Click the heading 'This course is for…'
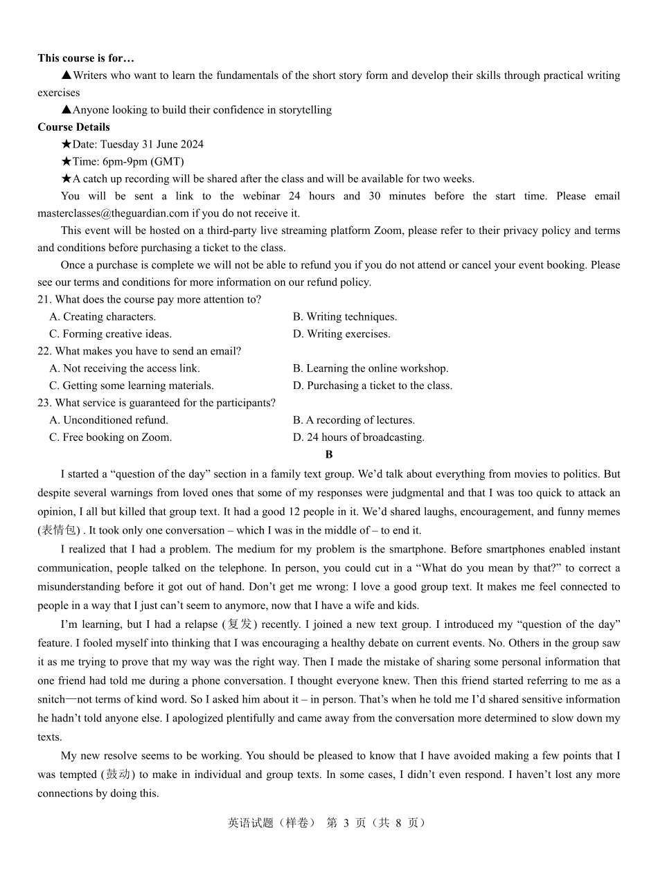(86, 58)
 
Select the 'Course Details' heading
(73, 127)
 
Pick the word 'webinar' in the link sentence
(260, 196)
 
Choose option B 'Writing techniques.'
(345, 316)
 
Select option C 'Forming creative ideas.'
(110, 334)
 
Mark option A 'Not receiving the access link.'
(125, 368)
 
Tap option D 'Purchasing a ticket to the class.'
(373, 386)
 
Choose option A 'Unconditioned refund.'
(109, 420)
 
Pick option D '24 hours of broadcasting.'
(359, 437)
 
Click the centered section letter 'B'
(329, 455)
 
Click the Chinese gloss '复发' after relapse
(240, 624)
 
